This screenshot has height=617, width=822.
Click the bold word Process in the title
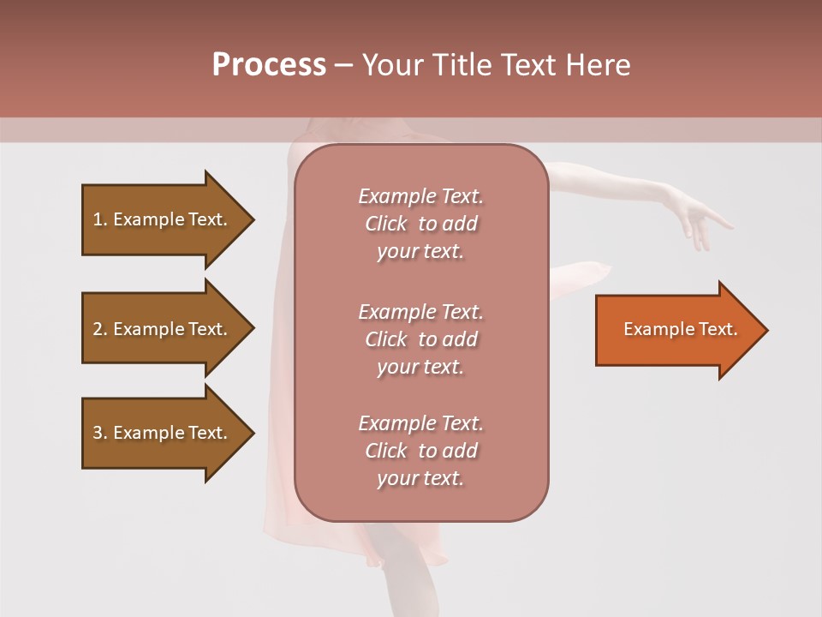pyautogui.click(x=269, y=65)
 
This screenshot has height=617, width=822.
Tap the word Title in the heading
pyautogui.click(x=460, y=65)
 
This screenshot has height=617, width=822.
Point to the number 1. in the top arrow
pyautogui.click(x=100, y=219)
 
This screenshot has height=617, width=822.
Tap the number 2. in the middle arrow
pyautogui.click(x=100, y=329)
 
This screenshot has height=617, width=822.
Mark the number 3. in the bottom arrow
pyautogui.click(x=100, y=433)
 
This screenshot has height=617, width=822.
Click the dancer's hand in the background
pyautogui.click(x=698, y=219)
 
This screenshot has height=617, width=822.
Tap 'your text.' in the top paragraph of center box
pyautogui.click(x=420, y=252)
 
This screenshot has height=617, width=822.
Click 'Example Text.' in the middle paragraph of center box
pyautogui.click(x=420, y=312)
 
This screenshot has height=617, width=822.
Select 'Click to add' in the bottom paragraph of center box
pyautogui.click(x=420, y=451)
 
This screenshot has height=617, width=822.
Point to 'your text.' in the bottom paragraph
pyautogui.click(x=420, y=479)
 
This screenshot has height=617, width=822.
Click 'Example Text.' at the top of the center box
pyautogui.click(x=420, y=196)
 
